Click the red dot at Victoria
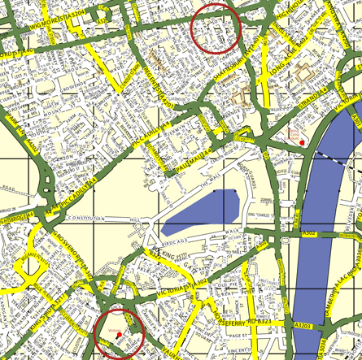point(119,334)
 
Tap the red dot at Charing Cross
point(302,143)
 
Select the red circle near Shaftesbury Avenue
point(216,28)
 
